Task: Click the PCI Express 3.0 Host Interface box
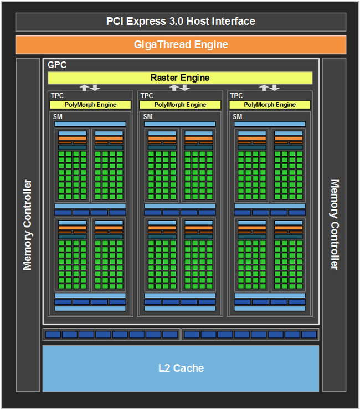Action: pyautogui.click(x=181, y=22)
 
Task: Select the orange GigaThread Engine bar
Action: pyautogui.click(x=181, y=45)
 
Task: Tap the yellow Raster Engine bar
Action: pyautogui.click(x=180, y=78)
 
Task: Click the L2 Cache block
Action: pyautogui.click(x=181, y=368)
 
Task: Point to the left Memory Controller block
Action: pyautogui.click(x=28, y=224)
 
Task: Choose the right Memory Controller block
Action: pyautogui.click(x=334, y=224)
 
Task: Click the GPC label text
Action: pyautogui.click(x=57, y=65)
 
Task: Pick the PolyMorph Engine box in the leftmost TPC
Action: pyautogui.click(x=90, y=105)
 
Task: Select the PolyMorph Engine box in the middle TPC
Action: pyautogui.click(x=180, y=105)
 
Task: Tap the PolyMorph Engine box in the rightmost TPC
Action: pyautogui.click(x=270, y=105)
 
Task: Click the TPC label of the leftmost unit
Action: pyautogui.click(x=57, y=96)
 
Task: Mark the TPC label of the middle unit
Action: pyautogui.click(x=147, y=96)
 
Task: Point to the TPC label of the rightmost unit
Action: pyautogui.click(x=236, y=96)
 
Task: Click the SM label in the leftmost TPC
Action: pyautogui.click(x=58, y=117)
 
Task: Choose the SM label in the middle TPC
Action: pyautogui.click(x=147, y=117)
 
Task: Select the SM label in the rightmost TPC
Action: pyautogui.click(x=237, y=117)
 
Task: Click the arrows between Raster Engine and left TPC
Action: pyautogui.click(x=90, y=88)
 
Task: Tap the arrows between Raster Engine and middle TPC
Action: pyautogui.click(x=180, y=88)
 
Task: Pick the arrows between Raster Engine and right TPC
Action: pyautogui.click(x=270, y=88)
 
